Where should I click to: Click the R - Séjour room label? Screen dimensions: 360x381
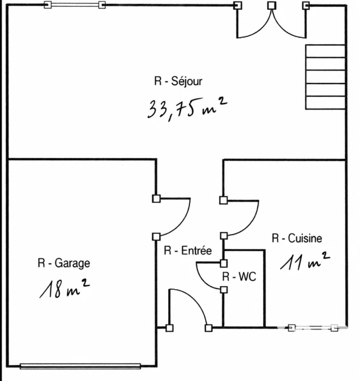178,81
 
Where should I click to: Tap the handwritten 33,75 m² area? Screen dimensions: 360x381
187,109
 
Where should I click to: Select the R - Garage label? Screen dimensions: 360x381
64,263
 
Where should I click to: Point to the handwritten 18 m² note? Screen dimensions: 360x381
64,289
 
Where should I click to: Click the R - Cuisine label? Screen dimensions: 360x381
297,238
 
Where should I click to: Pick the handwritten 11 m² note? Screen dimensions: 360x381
305,261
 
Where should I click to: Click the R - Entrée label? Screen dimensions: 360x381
188,251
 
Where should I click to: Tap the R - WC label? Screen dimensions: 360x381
240,276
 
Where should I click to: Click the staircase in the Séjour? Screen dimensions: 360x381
325,77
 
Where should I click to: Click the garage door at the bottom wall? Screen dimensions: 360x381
80,366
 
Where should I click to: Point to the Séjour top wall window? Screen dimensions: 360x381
75,4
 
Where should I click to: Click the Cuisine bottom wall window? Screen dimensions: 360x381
313,328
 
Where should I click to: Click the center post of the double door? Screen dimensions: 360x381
272,5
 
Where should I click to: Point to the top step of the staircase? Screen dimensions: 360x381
325,51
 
